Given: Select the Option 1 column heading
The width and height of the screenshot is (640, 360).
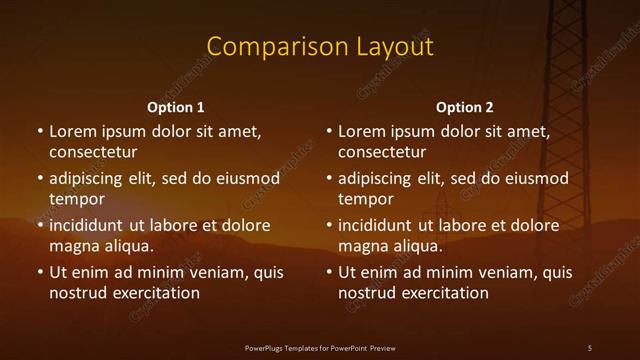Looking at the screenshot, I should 176,107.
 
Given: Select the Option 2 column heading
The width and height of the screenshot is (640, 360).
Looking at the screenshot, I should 465,107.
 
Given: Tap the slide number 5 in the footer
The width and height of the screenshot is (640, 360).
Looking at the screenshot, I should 590,347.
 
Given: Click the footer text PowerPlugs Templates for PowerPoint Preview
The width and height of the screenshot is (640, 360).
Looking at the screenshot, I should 320,347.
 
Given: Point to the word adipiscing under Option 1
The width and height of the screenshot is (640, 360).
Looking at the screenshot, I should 93,179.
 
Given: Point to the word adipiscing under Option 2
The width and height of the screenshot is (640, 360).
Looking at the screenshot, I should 382,179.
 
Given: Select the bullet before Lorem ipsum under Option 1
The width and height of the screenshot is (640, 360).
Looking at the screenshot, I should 39,131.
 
